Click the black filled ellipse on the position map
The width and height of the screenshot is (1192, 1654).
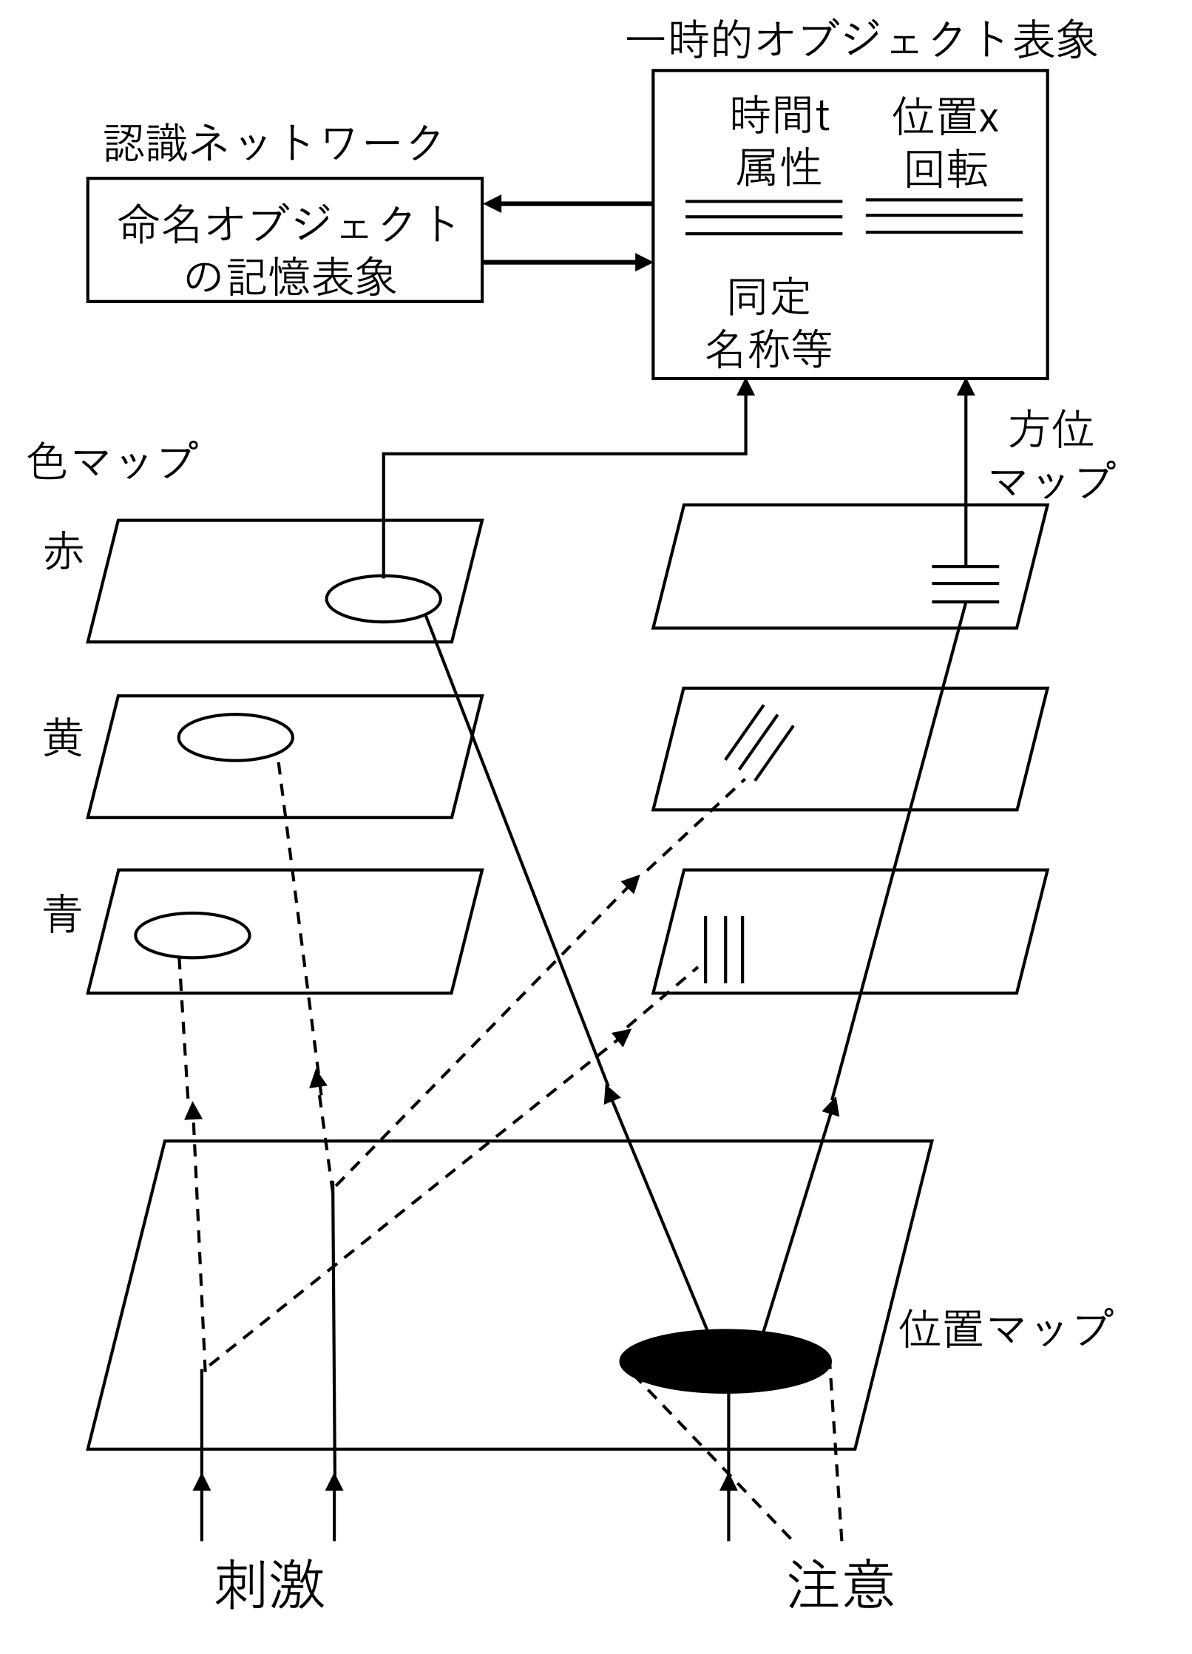tap(725, 1361)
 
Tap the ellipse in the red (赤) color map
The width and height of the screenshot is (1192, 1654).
tap(384, 598)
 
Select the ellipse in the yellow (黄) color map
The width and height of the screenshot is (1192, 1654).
tap(236, 737)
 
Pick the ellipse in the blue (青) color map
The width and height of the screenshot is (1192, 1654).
tap(192, 935)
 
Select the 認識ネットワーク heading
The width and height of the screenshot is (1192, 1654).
tap(274, 143)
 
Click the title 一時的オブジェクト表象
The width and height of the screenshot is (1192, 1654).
tap(861, 39)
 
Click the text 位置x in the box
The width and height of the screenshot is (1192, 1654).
tap(946, 117)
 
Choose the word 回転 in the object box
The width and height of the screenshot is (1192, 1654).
tap(946, 169)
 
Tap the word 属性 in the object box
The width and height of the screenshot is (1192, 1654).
tap(779, 168)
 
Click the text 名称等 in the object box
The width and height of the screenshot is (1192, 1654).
tap(769, 348)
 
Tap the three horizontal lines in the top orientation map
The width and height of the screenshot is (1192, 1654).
tap(966, 584)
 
